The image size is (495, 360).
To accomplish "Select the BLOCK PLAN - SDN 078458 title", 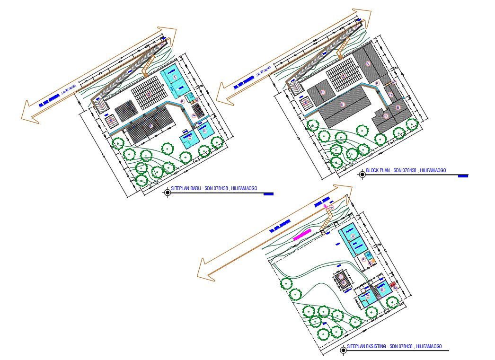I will click(406, 170).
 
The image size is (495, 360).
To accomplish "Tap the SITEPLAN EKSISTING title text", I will click(394, 346).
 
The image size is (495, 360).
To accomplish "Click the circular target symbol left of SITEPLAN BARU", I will click(168, 192).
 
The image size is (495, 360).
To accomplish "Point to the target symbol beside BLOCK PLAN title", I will click(362, 174).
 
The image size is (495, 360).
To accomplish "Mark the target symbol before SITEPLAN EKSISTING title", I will click(344, 350).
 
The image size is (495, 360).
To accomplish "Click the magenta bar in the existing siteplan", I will click(302, 234).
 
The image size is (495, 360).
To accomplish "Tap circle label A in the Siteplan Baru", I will click(175, 76).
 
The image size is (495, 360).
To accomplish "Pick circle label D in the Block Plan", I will click(323, 92).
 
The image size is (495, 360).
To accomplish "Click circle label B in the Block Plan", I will click(398, 108).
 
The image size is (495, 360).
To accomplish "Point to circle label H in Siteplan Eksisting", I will click(331, 207).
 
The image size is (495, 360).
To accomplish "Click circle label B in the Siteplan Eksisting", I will click(382, 289).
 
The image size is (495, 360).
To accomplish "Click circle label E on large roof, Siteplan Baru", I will click(150, 125).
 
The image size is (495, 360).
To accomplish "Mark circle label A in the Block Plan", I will click(368, 63).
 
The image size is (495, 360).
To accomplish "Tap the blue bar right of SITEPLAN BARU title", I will click(268, 193).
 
